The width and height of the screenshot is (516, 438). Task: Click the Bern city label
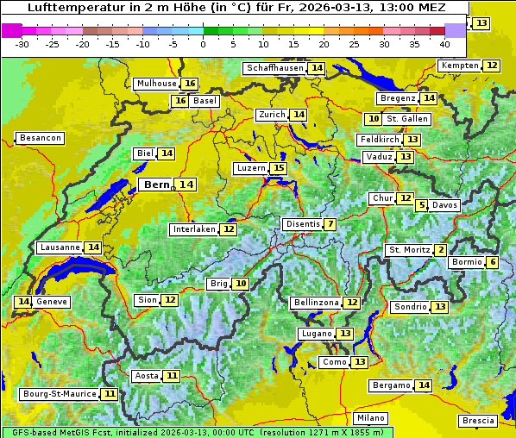click(157, 185)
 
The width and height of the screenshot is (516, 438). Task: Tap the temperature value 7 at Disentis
click(330, 224)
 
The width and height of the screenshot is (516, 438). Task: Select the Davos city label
click(444, 205)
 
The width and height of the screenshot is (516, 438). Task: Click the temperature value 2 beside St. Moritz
click(441, 250)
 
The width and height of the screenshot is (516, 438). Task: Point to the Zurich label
click(271, 115)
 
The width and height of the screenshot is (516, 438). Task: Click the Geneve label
click(52, 302)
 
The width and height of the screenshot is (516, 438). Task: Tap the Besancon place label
click(40, 138)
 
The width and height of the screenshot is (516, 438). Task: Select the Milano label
click(371, 417)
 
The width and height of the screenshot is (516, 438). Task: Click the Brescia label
click(478, 421)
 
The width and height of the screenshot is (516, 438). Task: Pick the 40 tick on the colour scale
click(444, 44)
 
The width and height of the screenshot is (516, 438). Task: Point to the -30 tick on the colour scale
click(22, 44)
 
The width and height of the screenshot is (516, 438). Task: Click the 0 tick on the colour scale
click(203, 44)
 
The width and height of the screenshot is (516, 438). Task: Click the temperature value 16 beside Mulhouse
click(190, 84)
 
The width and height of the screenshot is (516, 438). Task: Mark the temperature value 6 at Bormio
click(492, 262)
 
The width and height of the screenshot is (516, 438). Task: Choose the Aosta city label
click(147, 376)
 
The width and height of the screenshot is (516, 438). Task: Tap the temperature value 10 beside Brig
click(241, 284)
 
